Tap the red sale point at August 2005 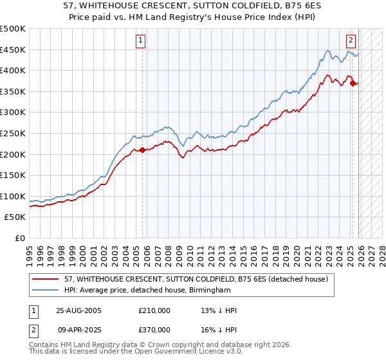coord(142,150)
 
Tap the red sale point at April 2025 coord(353,83)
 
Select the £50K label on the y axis coord(15,218)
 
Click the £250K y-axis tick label coord(13,134)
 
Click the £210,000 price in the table coord(154,310)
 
